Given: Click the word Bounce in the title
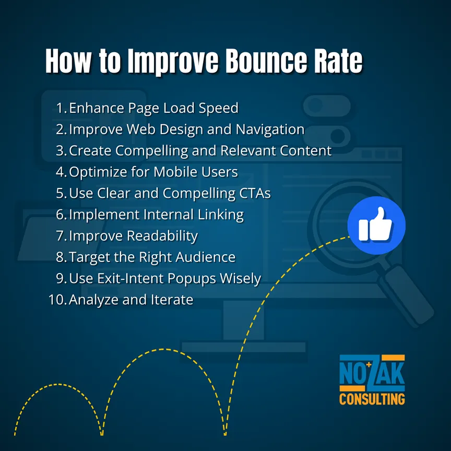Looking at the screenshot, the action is tap(267, 61).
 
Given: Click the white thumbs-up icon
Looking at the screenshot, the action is tap(375, 224).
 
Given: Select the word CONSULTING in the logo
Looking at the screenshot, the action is tap(372, 399).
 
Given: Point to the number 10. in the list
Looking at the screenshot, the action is tap(57, 300).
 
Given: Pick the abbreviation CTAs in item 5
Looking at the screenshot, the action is tap(255, 193).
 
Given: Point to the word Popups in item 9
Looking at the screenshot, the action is tap(192, 279).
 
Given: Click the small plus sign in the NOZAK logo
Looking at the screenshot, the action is tap(369, 365).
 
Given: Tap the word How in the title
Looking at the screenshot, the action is tap(68, 61).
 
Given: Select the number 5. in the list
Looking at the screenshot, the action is tap(62, 193).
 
